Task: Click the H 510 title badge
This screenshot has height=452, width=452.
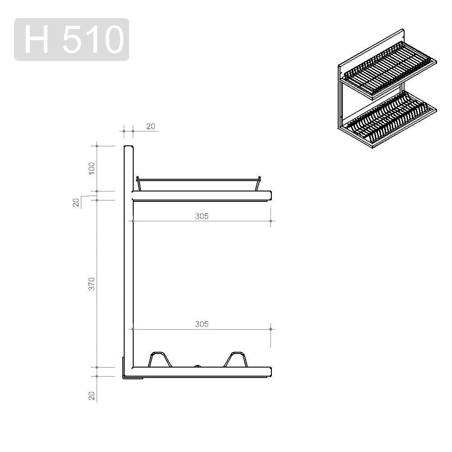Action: click(x=71, y=39)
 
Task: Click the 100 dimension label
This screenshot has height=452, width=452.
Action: click(x=91, y=168)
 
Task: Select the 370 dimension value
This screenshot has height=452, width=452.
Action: click(x=91, y=284)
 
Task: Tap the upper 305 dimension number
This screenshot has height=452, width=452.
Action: click(x=201, y=216)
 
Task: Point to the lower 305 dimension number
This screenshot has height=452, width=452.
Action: click(x=201, y=324)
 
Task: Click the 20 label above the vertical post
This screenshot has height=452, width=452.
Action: click(x=151, y=126)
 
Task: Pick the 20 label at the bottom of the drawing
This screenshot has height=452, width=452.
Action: click(x=92, y=396)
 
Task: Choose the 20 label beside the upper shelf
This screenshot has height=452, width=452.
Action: click(x=76, y=203)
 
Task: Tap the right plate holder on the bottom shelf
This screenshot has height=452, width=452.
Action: click(x=236, y=359)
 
